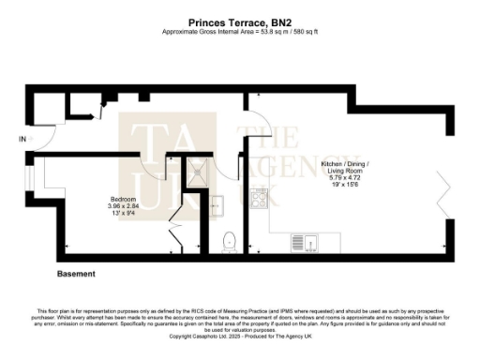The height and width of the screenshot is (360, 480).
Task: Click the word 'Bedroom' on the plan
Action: coord(123,200)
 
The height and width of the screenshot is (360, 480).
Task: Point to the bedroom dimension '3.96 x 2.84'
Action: coord(123,208)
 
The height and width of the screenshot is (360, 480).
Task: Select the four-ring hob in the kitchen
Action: coord(258,198)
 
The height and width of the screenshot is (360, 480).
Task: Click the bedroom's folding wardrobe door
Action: coord(174,230)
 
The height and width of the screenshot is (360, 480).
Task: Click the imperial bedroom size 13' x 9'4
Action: coord(123,216)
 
